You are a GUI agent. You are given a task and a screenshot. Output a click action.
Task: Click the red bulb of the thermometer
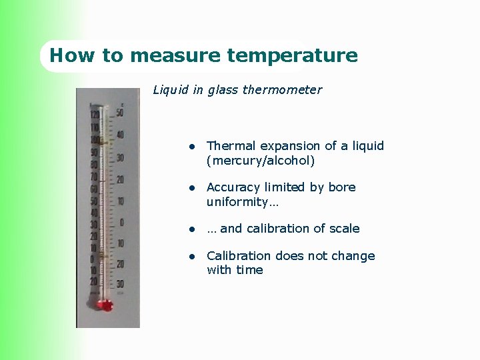(105, 305)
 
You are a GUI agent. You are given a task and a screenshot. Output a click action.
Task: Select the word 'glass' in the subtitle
(223, 89)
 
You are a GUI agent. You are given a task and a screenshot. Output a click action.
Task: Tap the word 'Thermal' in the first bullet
(231, 145)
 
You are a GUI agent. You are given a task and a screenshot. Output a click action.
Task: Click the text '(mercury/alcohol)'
(261, 161)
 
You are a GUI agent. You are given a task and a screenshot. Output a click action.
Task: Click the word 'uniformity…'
(243, 201)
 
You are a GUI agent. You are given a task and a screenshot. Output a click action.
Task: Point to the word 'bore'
(342, 187)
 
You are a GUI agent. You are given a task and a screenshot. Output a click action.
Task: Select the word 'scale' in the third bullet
(343, 229)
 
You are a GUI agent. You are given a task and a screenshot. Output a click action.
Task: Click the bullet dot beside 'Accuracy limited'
(191, 188)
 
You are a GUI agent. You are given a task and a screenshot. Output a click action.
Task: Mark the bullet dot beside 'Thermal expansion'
(191, 146)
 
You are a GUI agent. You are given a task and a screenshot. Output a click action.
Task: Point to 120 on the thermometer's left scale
(95, 115)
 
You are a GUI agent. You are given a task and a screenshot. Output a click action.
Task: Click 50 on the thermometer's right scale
(119, 113)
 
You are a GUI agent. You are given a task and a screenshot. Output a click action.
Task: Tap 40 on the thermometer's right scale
(120, 135)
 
